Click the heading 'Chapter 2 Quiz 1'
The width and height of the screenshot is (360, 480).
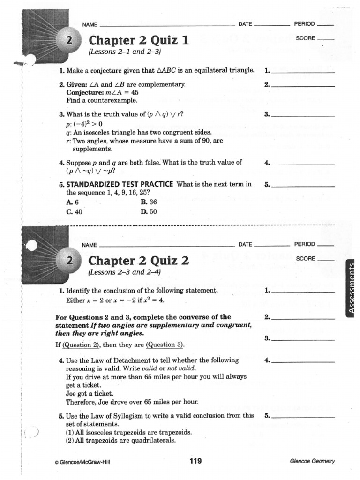pos(139,41)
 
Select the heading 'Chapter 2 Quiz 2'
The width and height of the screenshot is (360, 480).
pos(139,261)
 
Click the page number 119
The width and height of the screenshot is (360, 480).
pos(195,461)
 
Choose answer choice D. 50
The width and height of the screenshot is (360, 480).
pos(149,211)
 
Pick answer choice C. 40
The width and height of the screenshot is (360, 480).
pos(74,211)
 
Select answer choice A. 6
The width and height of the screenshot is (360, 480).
pos(72,202)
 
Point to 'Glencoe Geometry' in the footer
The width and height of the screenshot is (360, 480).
pos(313,461)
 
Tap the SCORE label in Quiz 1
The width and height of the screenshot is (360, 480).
pos(306,38)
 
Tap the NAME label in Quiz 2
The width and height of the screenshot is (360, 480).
pos(90,245)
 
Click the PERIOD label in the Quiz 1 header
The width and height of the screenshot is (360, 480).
pos(304,24)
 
